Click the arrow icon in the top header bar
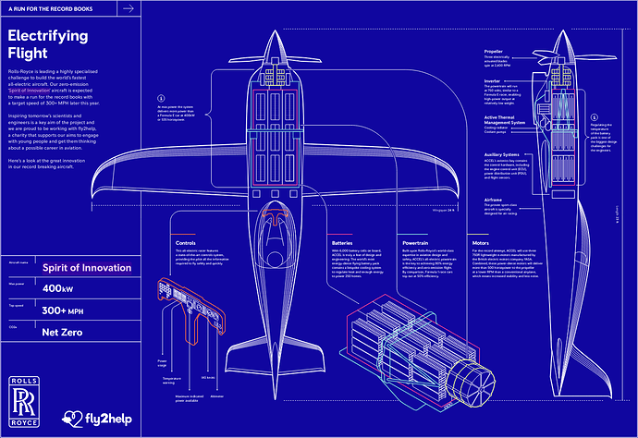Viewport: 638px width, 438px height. (x=129, y=8)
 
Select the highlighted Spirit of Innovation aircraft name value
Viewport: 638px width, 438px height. (x=87, y=268)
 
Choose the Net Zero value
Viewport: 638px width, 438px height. (x=63, y=331)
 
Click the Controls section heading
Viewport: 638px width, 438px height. (x=185, y=244)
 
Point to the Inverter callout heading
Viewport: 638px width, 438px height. (x=493, y=80)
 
